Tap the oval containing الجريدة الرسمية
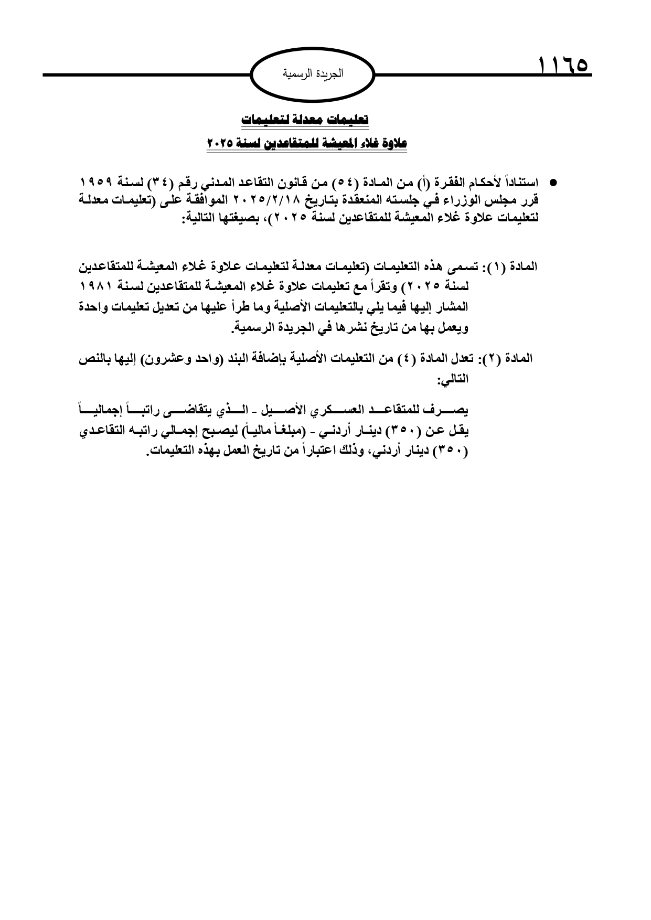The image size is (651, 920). [x=314, y=74]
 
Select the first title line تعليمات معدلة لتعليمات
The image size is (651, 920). [x=305, y=120]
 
